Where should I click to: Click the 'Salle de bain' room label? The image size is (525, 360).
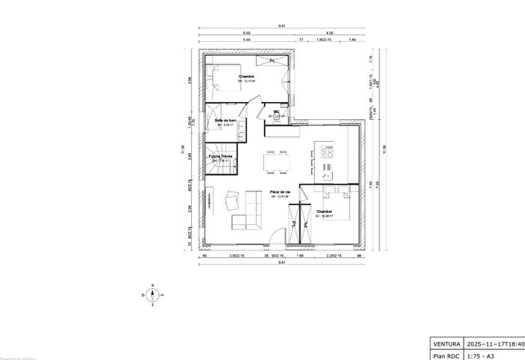[226, 120]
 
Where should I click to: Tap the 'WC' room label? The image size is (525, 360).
[276, 112]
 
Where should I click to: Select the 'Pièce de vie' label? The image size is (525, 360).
[271, 192]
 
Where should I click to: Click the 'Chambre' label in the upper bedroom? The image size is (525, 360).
[247, 76]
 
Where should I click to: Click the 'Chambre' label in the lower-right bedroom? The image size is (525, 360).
[324, 212]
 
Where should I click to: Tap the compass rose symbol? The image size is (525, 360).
[152, 295]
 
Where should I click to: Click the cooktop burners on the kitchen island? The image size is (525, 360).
[328, 151]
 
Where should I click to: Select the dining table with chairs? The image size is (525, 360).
[277, 162]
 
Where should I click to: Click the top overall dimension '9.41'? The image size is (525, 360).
[281, 26]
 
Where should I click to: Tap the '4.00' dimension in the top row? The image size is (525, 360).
[329, 33]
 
